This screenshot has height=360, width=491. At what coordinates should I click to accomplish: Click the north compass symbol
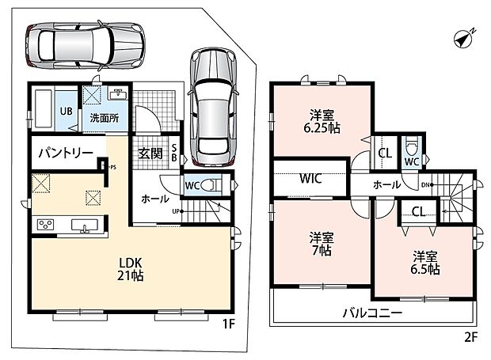[463, 40]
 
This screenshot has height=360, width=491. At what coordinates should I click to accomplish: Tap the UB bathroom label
[66, 111]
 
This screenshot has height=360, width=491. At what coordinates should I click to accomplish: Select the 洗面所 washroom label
[105, 118]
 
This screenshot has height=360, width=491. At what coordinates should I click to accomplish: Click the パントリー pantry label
[66, 153]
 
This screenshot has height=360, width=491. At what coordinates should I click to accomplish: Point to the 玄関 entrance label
[150, 153]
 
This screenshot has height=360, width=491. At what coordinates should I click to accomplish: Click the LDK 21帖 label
[130, 269]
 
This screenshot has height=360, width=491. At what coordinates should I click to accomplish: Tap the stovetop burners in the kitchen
[45, 224]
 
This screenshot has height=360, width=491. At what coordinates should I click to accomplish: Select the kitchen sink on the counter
[85, 225]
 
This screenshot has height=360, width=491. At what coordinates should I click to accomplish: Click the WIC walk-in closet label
[310, 178]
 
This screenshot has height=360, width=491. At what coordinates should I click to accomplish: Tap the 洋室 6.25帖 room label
[322, 122]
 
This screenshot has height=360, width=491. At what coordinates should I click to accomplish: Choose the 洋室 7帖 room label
[322, 244]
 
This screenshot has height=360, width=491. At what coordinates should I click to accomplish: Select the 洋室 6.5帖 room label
[425, 263]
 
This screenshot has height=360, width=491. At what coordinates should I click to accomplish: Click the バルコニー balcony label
[372, 313]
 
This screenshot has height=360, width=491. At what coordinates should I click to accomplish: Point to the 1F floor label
[229, 324]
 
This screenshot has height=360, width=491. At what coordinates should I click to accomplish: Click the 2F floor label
[470, 337]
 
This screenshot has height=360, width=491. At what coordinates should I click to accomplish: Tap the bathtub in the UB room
[44, 109]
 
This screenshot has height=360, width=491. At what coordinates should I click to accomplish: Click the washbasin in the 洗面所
[118, 94]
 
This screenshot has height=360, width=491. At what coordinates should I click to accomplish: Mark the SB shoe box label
[174, 153]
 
